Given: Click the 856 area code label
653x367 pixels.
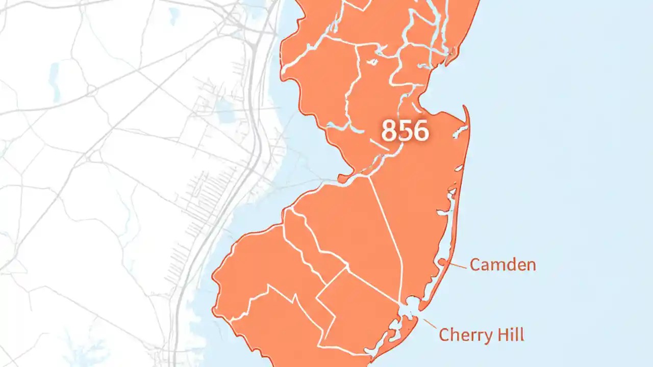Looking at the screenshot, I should tap(405, 131).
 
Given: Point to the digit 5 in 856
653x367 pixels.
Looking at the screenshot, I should tap(405, 131).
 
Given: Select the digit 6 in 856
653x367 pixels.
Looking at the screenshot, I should tap(421, 131).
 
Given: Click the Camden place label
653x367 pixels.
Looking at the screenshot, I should tap(503, 265).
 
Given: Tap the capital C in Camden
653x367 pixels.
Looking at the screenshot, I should tap(475, 265).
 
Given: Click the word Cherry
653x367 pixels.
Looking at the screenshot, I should tap(461, 335).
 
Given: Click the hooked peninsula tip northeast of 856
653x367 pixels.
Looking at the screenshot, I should tap(465, 109).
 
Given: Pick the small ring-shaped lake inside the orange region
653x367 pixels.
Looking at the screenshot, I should tap(373, 62).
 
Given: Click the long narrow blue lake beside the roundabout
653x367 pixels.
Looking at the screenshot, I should tap(55, 82).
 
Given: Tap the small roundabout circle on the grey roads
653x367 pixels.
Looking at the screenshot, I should tap(91, 91).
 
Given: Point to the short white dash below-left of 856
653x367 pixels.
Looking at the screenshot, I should tap(378, 144).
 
